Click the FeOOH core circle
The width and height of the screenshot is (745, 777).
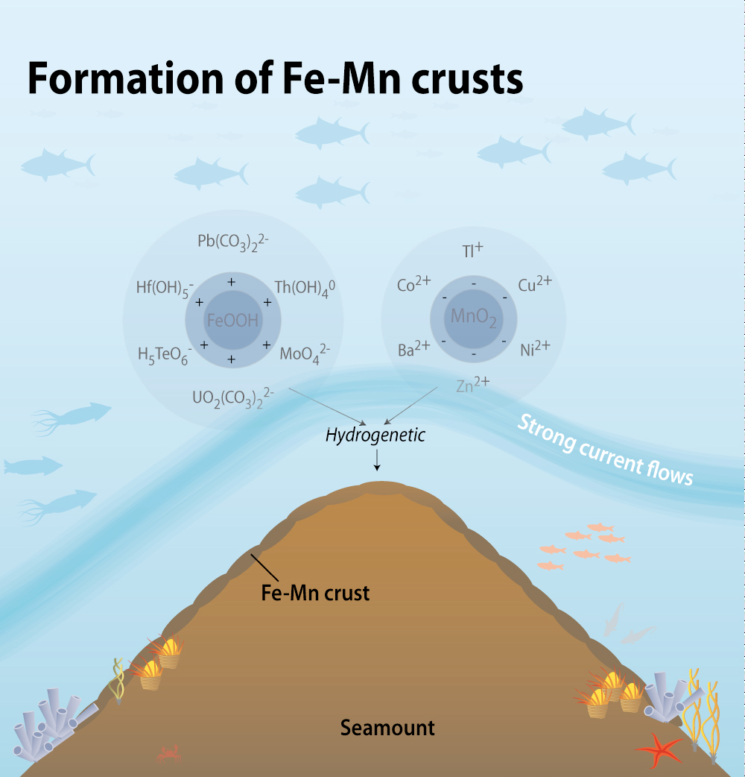coord(232,321)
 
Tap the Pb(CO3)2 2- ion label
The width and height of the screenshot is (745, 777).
coord(232,242)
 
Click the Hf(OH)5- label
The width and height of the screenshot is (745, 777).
coord(165,287)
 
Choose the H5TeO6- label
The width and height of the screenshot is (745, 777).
coord(165,354)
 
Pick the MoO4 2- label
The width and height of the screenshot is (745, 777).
coord(305,353)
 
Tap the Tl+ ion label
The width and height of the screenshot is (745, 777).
coord(472,251)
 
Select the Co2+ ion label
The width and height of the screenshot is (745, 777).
coord(414,285)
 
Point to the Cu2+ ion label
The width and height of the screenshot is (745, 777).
coord(534,285)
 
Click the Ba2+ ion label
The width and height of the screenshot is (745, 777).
coord(414,350)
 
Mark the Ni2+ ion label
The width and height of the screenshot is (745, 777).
coord(535,348)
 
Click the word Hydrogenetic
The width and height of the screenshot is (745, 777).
coord(375,435)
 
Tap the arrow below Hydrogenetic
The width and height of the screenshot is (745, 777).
coord(377,462)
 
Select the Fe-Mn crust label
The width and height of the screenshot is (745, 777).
coord(316,594)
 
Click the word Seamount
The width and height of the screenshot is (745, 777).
coord(387,727)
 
